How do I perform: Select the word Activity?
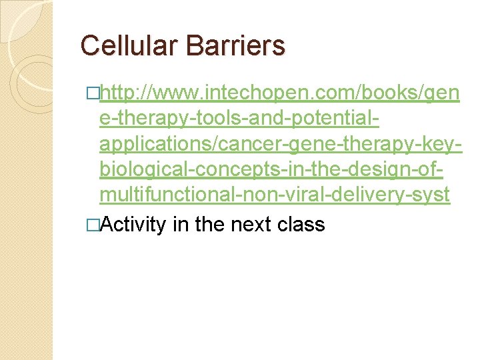133,225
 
